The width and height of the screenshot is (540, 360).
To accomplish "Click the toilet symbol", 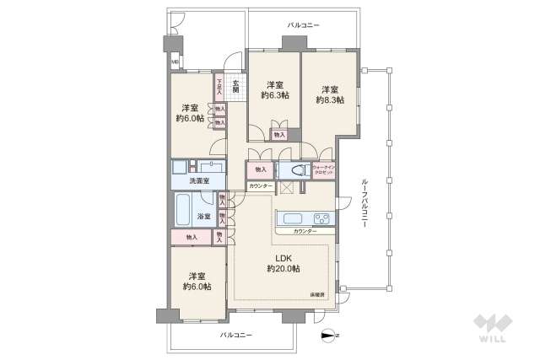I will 296,169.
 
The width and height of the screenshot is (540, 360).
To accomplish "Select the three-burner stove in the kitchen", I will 322,218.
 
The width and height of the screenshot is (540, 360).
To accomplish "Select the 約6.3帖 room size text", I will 275,95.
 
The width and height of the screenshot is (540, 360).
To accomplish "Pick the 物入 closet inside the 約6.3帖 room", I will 279,134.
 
